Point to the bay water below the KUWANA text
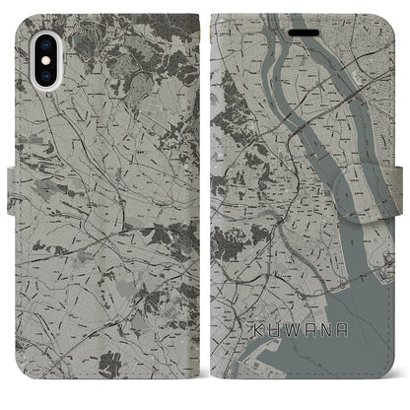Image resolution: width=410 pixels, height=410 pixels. point(325,379)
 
